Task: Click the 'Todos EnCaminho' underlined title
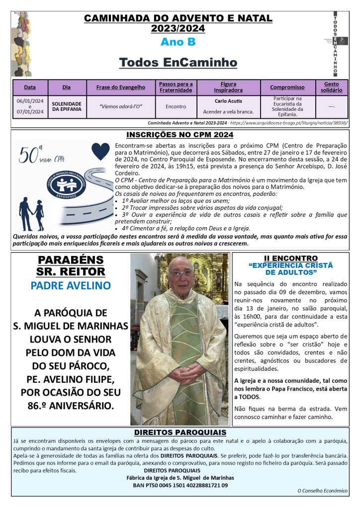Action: coord(178,62)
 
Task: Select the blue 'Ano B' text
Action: coord(178,42)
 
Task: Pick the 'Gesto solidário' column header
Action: coord(331,87)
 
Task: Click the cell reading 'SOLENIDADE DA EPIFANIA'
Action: coord(67,106)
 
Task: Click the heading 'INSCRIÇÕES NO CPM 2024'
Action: coord(180,135)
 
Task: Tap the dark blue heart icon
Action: coord(100,151)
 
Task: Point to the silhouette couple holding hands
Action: coord(31,213)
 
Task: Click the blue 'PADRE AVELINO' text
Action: coord(71,286)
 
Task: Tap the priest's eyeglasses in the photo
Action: coord(180,273)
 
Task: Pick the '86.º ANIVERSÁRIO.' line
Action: coord(71,406)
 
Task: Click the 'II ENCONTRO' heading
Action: coord(291,258)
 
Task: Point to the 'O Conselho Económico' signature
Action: coord(322,491)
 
